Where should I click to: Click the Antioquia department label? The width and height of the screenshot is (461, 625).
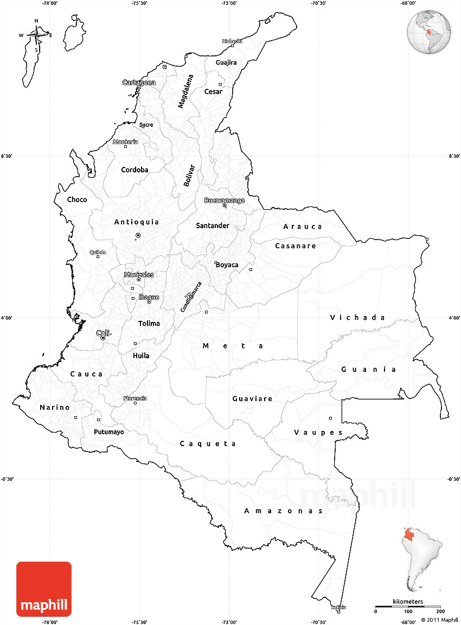[137, 222]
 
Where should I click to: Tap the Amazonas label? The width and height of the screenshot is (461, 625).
[284, 511]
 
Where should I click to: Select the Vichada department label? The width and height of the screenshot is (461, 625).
[358, 318]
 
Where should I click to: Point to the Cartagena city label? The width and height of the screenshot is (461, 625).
[139, 83]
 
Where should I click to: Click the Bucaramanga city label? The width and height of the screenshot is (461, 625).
[224, 201]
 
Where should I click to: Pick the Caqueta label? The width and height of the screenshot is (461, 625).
[208, 443]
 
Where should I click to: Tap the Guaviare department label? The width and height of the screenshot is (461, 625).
[252, 398]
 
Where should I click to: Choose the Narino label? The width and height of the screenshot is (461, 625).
[55, 407]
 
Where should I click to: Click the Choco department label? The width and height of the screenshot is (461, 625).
[77, 199]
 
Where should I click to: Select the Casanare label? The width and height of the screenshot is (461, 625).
[295, 246]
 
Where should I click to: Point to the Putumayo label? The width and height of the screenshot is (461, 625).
[108, 432]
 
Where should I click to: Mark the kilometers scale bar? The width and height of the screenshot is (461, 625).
[408, 607]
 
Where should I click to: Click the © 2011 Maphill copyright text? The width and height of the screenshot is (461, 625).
[439, 620]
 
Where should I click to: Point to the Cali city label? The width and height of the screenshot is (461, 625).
[103, 333]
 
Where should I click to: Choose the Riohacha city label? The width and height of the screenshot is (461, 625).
[232, 41]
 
